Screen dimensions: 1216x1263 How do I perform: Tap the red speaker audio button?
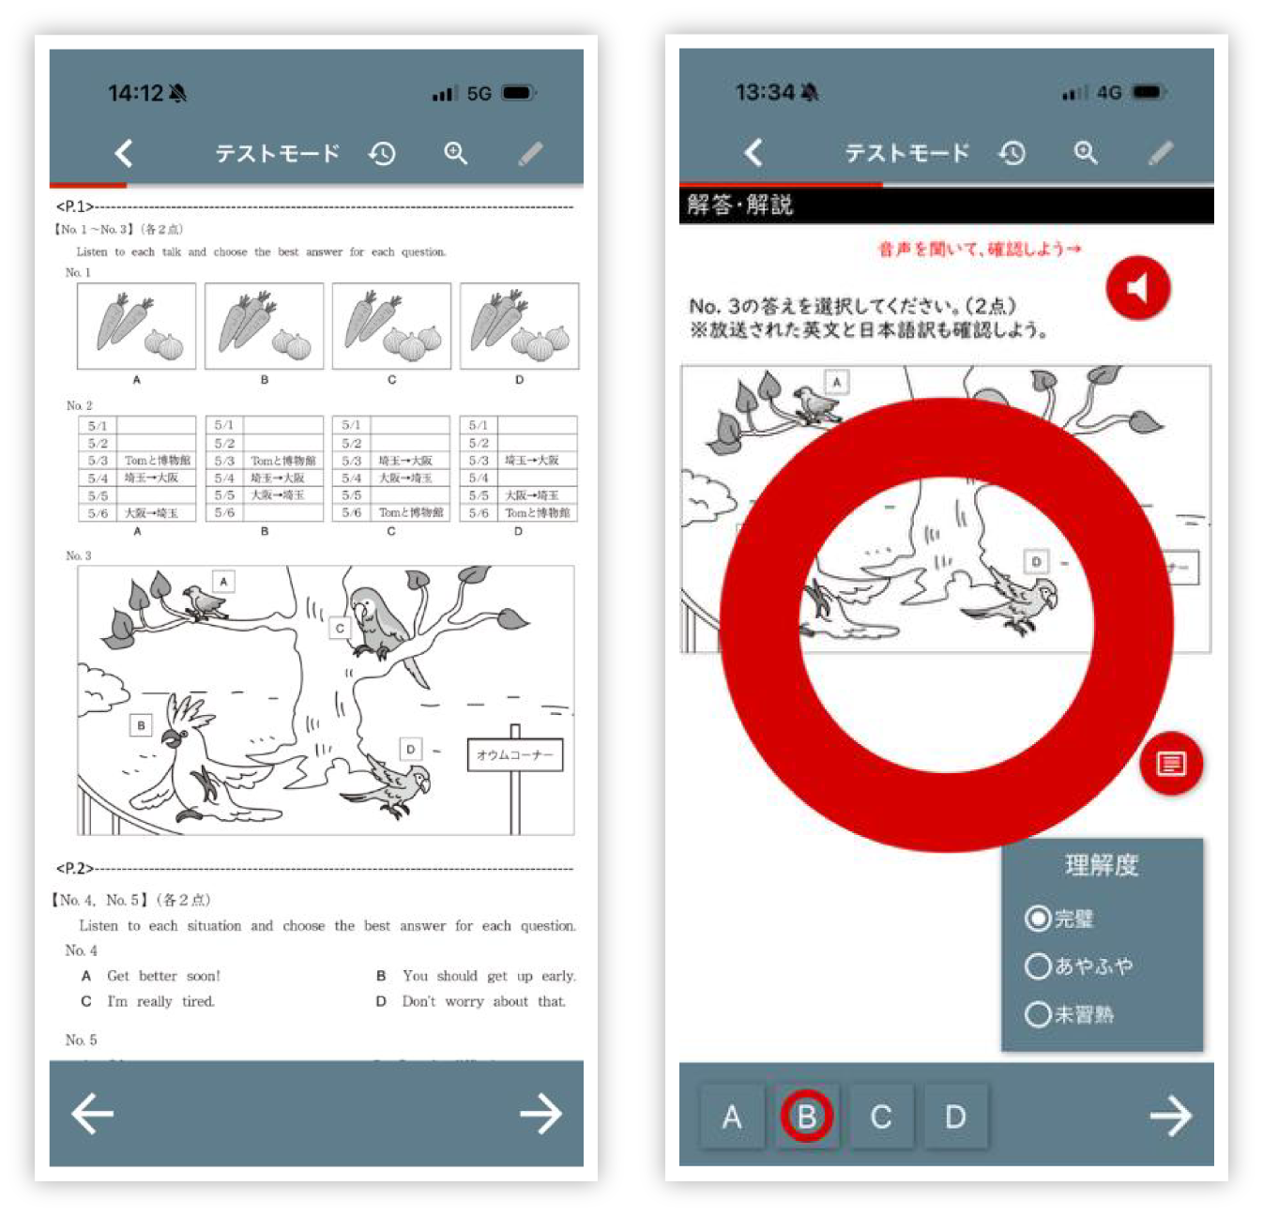coord(1137,287)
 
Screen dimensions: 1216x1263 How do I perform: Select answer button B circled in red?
coord(806,1117)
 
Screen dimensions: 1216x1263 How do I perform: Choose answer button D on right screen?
coord(955,1117)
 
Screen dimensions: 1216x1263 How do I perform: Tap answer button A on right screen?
coord(732,1117)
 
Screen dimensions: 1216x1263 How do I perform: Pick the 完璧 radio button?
coord(1038,918)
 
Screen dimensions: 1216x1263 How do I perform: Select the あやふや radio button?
coord(1038,965)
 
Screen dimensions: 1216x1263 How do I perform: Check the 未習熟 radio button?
coord(1038,1014)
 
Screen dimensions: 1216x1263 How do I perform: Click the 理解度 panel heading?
coord(1102,864)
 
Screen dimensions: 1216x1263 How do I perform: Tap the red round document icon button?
coord(1170,764)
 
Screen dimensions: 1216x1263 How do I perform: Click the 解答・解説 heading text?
coord(740,205)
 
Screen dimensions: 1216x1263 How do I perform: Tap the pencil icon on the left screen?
coord(530,153)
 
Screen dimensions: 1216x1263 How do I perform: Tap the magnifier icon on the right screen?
coord(1086,153)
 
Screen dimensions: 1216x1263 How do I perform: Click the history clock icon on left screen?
coord(382,153)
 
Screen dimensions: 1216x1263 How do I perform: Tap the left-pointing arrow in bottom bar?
coord(92,1114)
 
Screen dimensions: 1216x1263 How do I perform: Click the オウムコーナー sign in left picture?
coord(515,754)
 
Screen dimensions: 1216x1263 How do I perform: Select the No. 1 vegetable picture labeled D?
coord(519,326)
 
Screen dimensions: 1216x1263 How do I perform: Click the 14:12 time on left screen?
coord(136,93)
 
